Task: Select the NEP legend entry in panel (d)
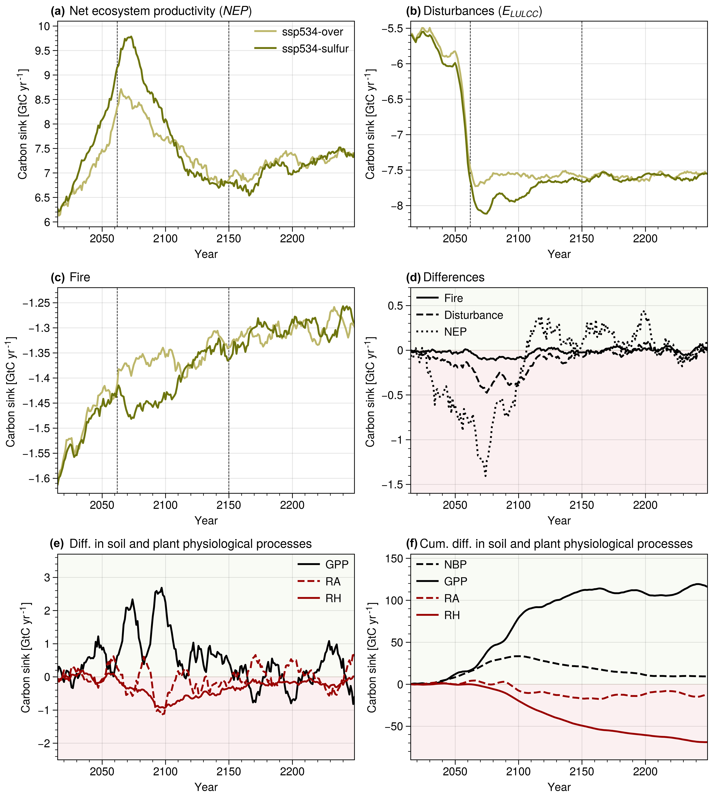point(455,332)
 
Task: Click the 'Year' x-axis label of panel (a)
point(206,254)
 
